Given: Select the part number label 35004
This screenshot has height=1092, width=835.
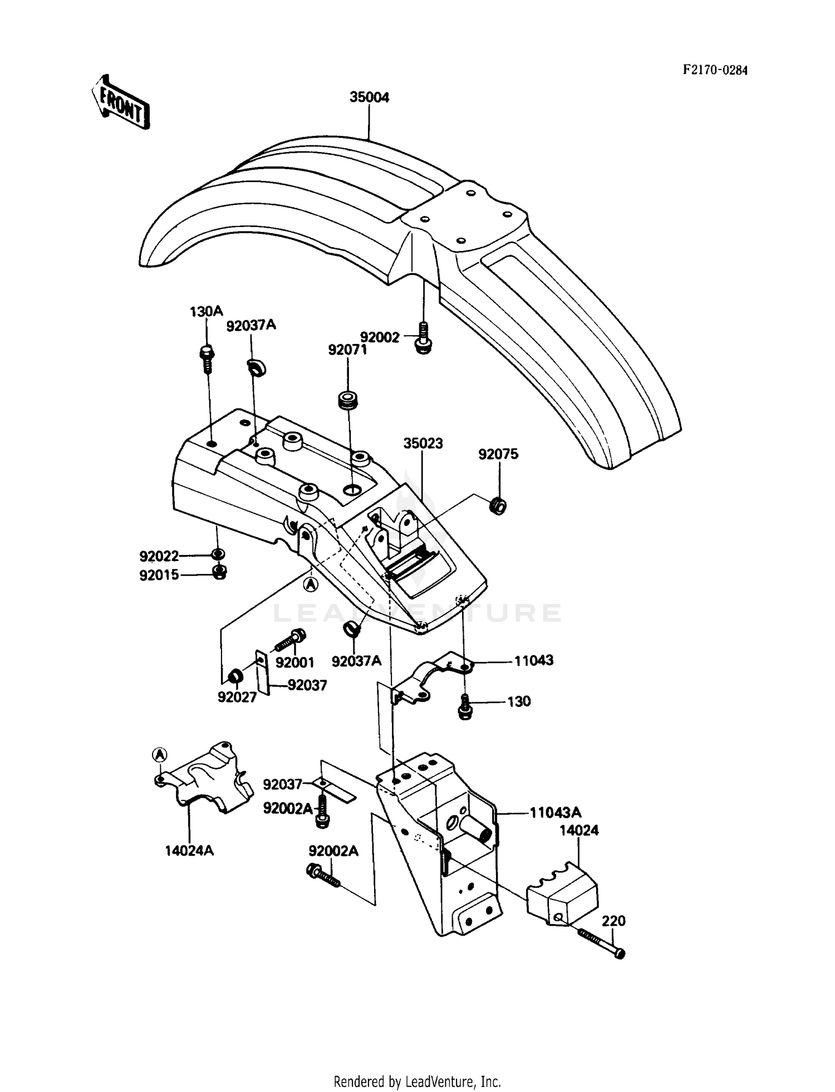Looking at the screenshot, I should pos(369,97).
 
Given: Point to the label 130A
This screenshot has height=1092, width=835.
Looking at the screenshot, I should pos(206,312).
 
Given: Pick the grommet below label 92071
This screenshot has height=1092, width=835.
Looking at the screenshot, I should pos(348,401).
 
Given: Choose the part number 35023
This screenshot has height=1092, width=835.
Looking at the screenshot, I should pos(423,444).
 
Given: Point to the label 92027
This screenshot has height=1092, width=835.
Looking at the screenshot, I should pos(237,697).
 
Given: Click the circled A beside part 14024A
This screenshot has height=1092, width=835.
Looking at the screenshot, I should pos(159,754).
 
